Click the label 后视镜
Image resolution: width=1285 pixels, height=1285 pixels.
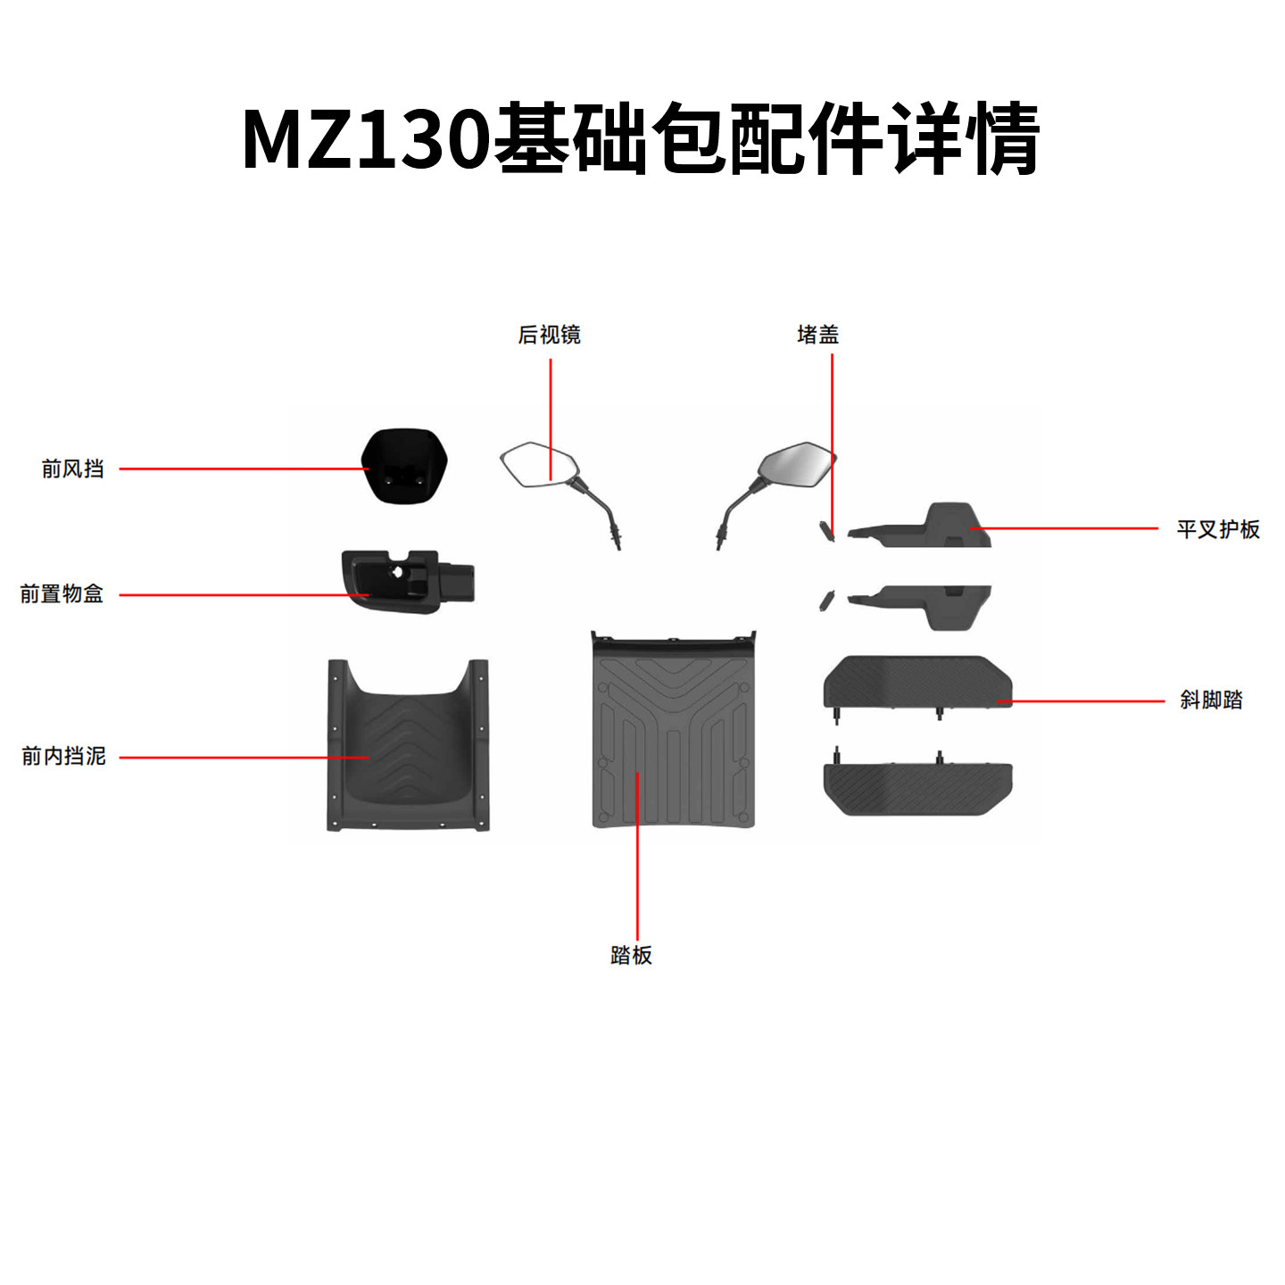click(x=549, y=334)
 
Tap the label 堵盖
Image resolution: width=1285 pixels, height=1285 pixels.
click(x=817, y=334)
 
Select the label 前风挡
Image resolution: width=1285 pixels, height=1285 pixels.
click(x=72, y=468)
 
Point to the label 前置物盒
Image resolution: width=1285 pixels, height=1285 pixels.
click(x=62, y=593)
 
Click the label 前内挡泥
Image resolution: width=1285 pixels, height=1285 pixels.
click(x=64, y=756)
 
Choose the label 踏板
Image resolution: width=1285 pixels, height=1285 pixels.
click(x=631, y=955)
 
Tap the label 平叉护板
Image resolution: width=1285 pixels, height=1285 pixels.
click(x=1218, y=529)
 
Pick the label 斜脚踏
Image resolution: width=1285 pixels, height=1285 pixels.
click(x=1211, y=700)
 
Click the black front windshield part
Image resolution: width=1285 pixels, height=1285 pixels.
click(x=404, y=466)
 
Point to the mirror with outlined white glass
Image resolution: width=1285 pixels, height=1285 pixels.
click(x=560, y=494)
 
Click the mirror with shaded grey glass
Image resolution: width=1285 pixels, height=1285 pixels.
click(x=777, y=494)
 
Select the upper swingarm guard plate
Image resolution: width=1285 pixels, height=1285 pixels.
click(x=920, y=526)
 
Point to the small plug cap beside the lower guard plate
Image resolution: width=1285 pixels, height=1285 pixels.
click(x=826, y=599)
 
